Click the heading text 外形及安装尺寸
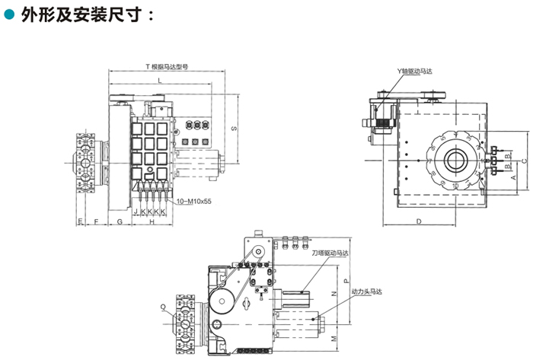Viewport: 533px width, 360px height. [x=82, y=14]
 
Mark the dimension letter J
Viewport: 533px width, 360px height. [x=136, y=211]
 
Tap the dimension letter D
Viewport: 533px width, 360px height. [x=420, y=221]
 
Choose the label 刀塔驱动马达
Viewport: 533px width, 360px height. [x=330, y=252]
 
